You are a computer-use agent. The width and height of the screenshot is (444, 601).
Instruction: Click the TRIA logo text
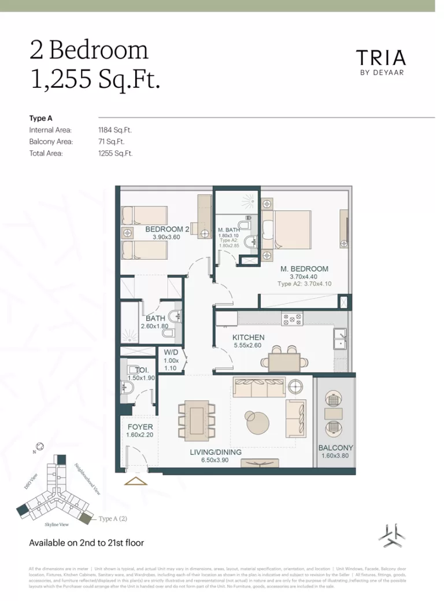click(380, 58)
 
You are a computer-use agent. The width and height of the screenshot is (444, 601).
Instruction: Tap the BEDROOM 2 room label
click(167, 229)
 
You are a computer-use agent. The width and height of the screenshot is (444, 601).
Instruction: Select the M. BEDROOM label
click(304, 268)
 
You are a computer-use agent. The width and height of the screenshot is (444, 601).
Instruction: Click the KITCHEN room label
click(249, 337)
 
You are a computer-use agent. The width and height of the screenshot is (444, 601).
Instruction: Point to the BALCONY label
click(335, 448)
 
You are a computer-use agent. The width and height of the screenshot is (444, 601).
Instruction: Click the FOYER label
click(140, 427)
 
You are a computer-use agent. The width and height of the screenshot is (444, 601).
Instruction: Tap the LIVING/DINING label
click(216, 452)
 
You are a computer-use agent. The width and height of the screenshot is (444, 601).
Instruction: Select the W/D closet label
click(171, 352)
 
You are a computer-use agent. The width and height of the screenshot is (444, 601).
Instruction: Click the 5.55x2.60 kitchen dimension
click(249, 345)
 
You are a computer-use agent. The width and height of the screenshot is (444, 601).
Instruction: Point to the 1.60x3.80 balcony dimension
click(335, 456)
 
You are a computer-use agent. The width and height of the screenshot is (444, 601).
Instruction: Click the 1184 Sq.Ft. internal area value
click(116, 130)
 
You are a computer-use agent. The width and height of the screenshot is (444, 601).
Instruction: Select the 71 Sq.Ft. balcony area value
click(112, 142)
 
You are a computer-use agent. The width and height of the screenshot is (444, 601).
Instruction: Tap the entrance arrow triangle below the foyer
click(136, 481)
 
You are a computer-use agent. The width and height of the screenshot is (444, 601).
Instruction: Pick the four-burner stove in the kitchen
click(291, 319)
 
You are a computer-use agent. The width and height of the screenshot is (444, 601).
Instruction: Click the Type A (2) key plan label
click(113, 518)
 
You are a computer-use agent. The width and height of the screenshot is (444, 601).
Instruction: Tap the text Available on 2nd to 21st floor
click(87, 543)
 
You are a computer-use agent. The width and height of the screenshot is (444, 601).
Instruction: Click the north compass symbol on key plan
click(39, 446)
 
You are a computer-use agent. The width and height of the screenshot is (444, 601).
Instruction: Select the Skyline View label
click(58, 524)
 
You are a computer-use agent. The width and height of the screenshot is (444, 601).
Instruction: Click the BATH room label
click(156, 318)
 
